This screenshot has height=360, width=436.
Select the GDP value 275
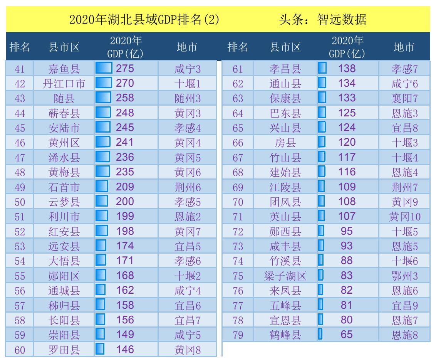click(x=125, y=69)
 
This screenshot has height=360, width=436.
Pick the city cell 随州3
click(x=188, y=98)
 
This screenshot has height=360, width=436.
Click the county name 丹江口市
click(x=64, y=84)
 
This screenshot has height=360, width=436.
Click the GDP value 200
click(x=125, y=202)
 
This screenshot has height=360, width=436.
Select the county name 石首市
click(x=64, y=187)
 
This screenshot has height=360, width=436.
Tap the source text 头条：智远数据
click(x=323, y=19)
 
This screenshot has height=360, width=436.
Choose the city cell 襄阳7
click(x=404, y=98)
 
